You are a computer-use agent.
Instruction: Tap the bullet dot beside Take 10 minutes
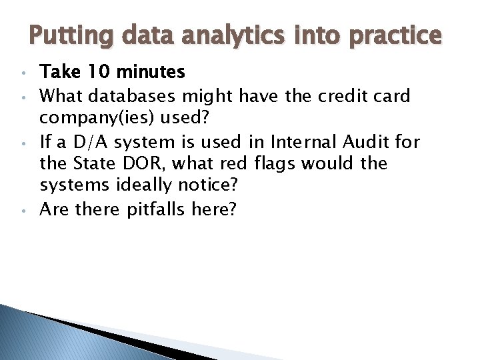23,72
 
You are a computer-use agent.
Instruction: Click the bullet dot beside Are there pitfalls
23,209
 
